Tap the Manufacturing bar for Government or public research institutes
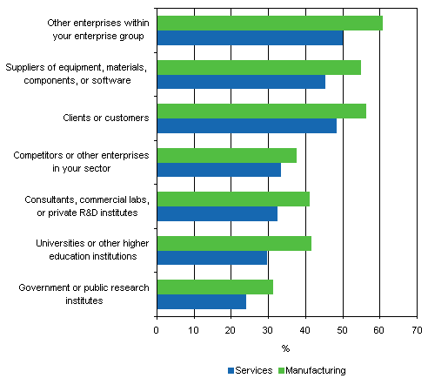(214, 287)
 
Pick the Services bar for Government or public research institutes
(201, 301)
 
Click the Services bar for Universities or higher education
(211, 258)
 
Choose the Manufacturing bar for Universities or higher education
(233, 243)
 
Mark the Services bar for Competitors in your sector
(218, 170)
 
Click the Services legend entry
(251, 370)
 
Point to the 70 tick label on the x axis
(417, 330)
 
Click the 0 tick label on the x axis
(157, 330)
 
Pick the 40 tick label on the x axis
(305, 330)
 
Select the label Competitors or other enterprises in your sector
(81, 161)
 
